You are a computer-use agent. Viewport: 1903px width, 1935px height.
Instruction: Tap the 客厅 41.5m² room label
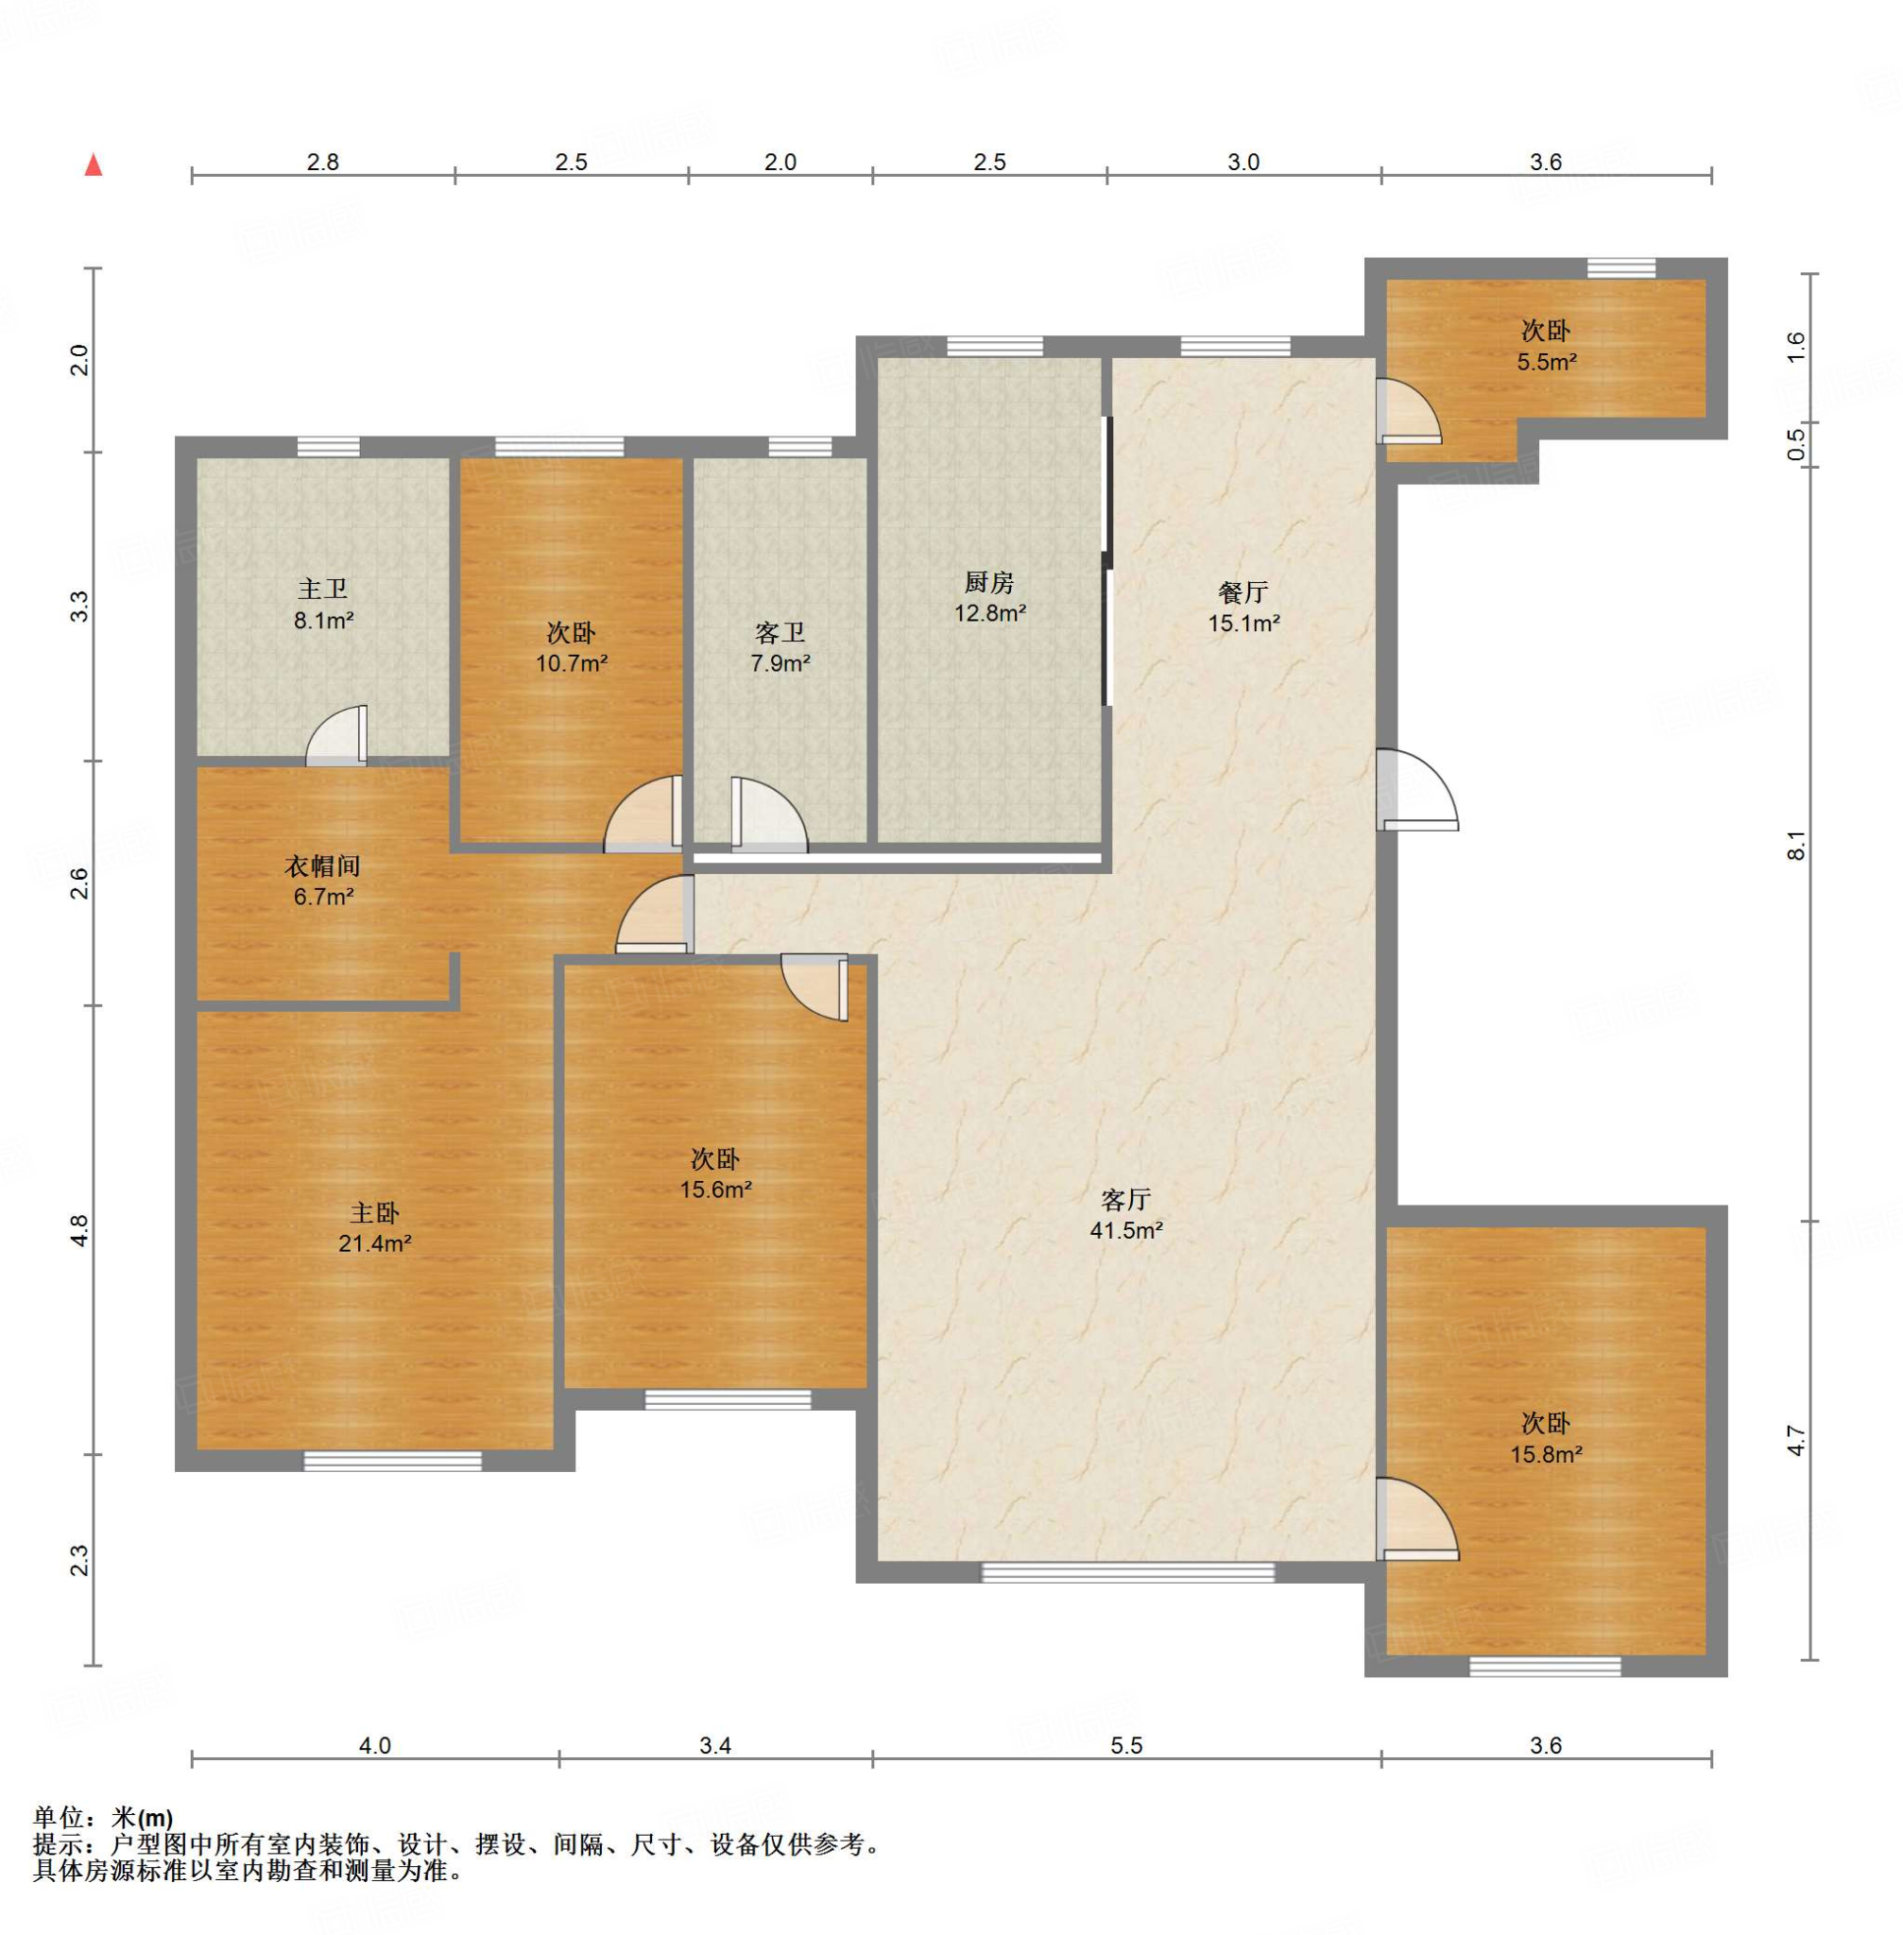click(x=1126, y=1214)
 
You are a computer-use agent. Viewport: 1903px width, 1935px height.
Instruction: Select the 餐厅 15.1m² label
click(x=1243, y=608)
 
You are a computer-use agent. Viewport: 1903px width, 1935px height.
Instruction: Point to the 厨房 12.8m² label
click(x=989, y=597)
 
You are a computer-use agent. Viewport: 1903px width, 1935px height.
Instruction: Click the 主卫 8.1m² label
click(x=323, y=605)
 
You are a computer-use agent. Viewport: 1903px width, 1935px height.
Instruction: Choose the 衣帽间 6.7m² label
click(x=323, y=881)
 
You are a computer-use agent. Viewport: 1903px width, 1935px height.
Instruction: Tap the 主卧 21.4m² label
click(x=375, y=1227)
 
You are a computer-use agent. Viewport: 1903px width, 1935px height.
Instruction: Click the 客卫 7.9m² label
click(x=780, y=646)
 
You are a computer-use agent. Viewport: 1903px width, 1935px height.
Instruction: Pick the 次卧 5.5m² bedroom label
click(x=1546, y=346)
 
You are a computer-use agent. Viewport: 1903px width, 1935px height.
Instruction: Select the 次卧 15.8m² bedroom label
click(x=1546, y=1438)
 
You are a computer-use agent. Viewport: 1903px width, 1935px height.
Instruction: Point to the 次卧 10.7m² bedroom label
click(x=572, y=646)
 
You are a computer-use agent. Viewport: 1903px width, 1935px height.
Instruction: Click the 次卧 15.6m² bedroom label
click(x=715, y=1173)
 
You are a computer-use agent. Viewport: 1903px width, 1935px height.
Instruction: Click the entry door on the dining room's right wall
click(x=1417, y=790)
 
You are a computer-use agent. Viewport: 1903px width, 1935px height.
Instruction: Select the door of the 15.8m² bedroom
click(x=1417, y=1519)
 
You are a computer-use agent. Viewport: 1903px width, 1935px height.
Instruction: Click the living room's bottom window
click(x=1127, y=1572)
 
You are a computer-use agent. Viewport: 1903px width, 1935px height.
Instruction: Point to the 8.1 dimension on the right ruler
click(x=1797, y=846)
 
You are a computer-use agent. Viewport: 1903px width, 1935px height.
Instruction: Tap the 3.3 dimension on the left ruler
click(x=80, y=607)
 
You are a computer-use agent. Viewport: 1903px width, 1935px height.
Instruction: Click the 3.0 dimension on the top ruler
click(x=1243, y=162)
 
